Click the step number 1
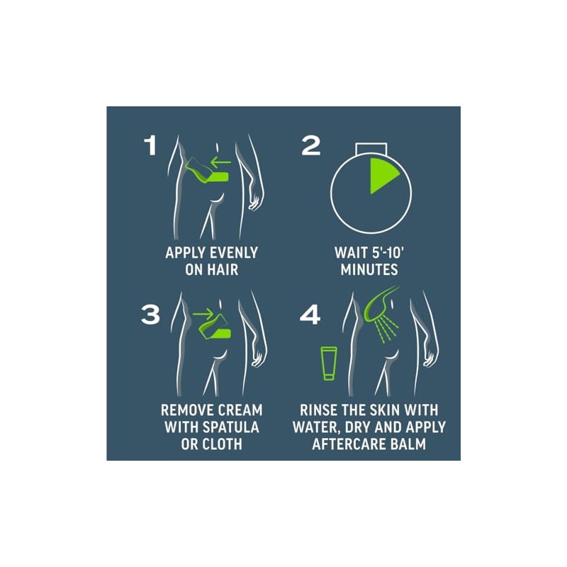pos(150,145)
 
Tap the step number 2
pos(311,145)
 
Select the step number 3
pos(150,314)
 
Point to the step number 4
pos(310,314)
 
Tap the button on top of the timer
pos(371,148)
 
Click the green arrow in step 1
pos(220,162)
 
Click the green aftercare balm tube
pos(329,364)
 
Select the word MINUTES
pos(369,270)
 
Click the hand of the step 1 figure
pos(254,201)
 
